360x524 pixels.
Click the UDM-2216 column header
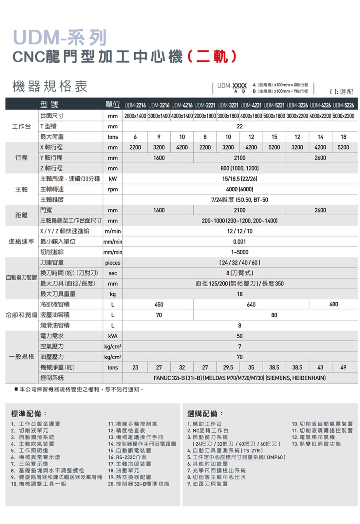(135, 105)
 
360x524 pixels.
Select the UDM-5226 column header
(343, 105)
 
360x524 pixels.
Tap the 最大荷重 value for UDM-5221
(274, 137)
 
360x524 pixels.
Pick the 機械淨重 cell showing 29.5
(228, 367)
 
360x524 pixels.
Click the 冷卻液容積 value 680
(333, 305)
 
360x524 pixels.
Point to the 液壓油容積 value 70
(159, 315)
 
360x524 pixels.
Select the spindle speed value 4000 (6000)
(239, 189)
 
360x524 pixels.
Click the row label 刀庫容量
(52, 263)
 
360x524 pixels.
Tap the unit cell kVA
(112, 336)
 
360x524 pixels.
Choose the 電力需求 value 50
(239, 336)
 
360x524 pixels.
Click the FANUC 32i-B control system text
(239, 378)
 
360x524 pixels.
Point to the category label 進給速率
(21, 242)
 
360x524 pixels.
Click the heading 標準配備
(27, 413)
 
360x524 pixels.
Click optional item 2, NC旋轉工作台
(208, 431)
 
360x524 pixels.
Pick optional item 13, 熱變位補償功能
(316, 444)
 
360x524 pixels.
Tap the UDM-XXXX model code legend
(232, 86)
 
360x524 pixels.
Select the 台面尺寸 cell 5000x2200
(343, 116)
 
